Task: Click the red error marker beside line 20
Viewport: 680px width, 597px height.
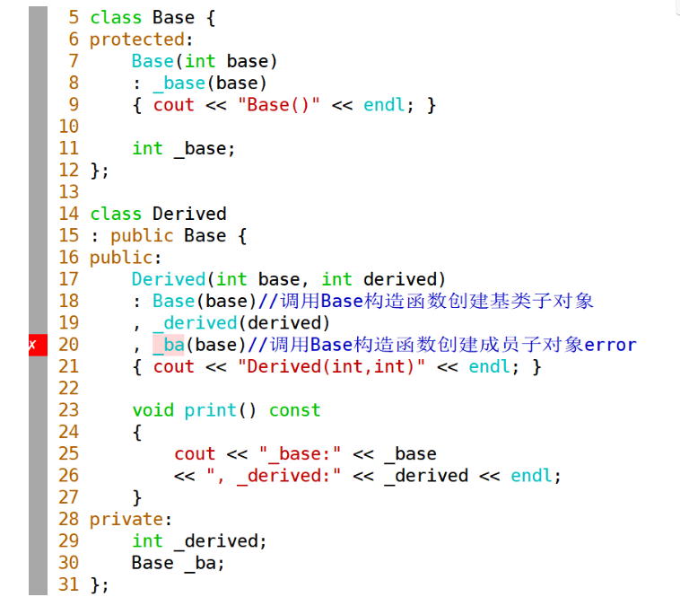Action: [32, 345]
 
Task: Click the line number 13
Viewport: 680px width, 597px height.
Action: [69, 192]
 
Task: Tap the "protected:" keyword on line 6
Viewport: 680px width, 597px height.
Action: [137, 40]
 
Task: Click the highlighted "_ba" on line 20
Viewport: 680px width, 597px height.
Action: [168, 345]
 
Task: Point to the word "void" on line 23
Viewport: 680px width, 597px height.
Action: [153, 410]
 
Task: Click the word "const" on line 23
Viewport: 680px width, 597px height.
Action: [294, 410]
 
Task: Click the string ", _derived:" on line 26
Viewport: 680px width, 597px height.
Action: [279, 476]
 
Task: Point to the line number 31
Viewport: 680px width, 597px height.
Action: [69, 584]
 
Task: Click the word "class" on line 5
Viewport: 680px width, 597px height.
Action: [116, 18]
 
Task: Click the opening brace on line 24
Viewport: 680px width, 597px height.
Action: [137, 432]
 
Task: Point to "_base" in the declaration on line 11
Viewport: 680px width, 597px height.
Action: [205, 148]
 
